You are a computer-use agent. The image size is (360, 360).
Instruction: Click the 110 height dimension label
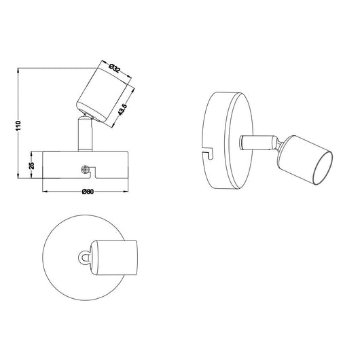[18, 126]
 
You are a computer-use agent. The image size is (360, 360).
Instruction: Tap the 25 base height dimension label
[32, 166]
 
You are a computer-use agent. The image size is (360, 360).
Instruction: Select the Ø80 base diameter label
[88, 192]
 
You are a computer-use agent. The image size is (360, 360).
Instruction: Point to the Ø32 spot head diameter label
[114, 68]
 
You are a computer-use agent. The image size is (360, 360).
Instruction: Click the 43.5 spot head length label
[122, 109]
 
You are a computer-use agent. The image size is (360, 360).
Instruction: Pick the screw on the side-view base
[85, 170]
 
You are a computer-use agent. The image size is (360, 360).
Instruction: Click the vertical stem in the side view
[85, 134]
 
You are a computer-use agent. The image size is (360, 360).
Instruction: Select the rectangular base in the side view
[86, 164]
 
